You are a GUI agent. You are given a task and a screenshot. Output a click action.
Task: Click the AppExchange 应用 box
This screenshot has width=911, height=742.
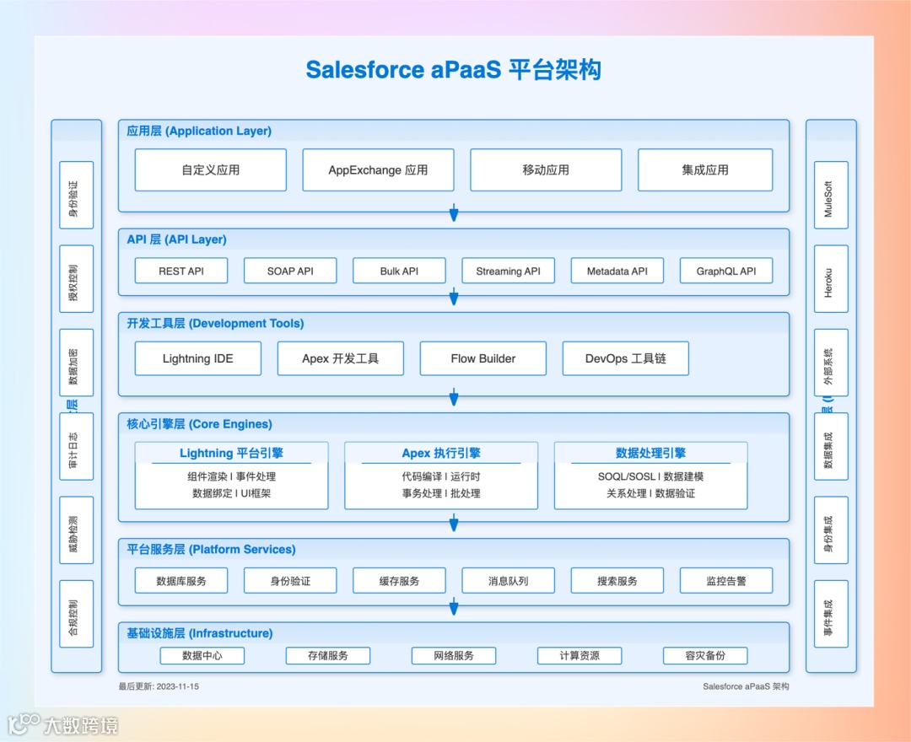[x=378, y=170]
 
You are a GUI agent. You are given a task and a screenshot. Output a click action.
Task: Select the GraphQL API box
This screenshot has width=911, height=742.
[x=726, y=271]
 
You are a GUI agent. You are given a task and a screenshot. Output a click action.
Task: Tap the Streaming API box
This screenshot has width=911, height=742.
[x=508, y=271]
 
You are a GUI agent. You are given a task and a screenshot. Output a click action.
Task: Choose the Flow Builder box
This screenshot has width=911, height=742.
[x=482, y=358]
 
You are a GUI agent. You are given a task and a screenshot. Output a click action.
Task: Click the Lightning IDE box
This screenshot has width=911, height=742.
[x=197, y=358]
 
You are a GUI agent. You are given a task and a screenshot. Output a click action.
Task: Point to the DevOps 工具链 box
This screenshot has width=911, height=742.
[x=625, y=358]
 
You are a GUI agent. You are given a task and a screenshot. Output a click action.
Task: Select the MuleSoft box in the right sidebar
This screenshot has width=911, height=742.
[x=831, y=195]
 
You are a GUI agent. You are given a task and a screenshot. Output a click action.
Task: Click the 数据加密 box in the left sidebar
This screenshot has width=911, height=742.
[x=76, y=363]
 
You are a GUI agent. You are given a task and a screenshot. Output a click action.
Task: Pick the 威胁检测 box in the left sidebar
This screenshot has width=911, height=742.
[x=76, y=530]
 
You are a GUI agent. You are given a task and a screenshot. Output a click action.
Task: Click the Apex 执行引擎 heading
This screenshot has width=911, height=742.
[x=441, y=454]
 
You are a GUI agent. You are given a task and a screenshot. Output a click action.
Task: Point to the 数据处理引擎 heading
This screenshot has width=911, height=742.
[x=650, y=454]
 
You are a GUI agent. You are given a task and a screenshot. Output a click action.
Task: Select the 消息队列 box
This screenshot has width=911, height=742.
[x=508, y=581]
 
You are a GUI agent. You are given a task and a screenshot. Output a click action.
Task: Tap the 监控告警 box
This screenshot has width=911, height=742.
[x=726, y=581]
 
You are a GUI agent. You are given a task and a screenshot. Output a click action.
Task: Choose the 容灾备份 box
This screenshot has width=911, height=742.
[x=705, y=655]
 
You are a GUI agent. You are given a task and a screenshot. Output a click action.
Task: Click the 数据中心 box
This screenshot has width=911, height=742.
[x=202, y=655]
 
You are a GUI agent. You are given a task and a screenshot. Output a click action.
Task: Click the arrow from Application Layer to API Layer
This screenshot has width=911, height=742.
[x=454, y=213]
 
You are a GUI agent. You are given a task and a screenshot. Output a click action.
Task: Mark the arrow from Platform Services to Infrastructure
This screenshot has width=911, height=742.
[x=454, y=607]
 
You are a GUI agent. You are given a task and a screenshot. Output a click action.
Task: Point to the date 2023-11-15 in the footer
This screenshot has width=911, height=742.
[x=177, y=686]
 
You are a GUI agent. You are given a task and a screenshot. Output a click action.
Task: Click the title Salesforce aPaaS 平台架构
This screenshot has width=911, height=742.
[x=454, y=69]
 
